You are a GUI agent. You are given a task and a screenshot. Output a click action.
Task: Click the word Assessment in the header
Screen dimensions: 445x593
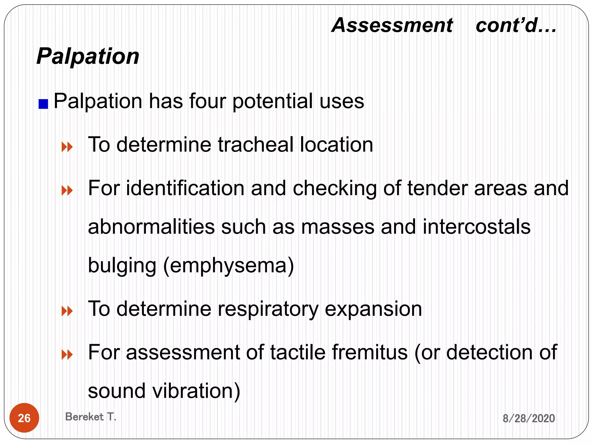tap(392, 25)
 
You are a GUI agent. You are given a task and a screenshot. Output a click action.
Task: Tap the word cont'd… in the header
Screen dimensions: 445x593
tap(516, 25)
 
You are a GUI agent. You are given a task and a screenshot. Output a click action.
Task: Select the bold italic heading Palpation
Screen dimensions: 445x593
tap(88, 56)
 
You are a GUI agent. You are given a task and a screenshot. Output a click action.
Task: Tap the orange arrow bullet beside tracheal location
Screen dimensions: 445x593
tap(67, 147)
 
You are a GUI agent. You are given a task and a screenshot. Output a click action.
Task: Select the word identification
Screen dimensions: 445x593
tap(185, 188)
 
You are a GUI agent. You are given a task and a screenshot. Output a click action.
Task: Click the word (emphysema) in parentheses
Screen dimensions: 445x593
tap(228, 265)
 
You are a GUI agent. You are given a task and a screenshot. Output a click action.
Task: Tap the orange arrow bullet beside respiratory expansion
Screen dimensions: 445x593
tap(67, 311)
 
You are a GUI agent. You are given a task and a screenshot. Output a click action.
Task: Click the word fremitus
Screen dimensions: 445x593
tap(369, 352)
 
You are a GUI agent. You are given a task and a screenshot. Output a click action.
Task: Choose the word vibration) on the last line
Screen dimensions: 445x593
tap(196, 391)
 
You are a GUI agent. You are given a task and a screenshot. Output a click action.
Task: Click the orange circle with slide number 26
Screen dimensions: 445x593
tap(24, 418)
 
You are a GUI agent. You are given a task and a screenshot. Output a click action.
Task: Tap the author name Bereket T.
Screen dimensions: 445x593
tap(91, 417)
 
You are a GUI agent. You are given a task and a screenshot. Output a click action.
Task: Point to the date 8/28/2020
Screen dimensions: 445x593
tap(528, 418)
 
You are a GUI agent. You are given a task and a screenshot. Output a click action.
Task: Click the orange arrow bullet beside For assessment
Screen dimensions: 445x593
tap(67, 355)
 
